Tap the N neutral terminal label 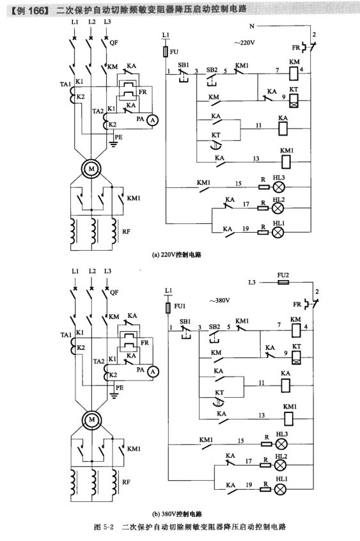coord(251,26)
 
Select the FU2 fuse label coord(283,274)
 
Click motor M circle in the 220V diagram coord(91,168)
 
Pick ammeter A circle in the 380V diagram coord(152,372)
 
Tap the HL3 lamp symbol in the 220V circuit coord(278,187)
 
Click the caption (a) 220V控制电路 coord(176,253)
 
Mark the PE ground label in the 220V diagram coord(118,137)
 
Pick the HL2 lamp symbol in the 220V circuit coord(278,209)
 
